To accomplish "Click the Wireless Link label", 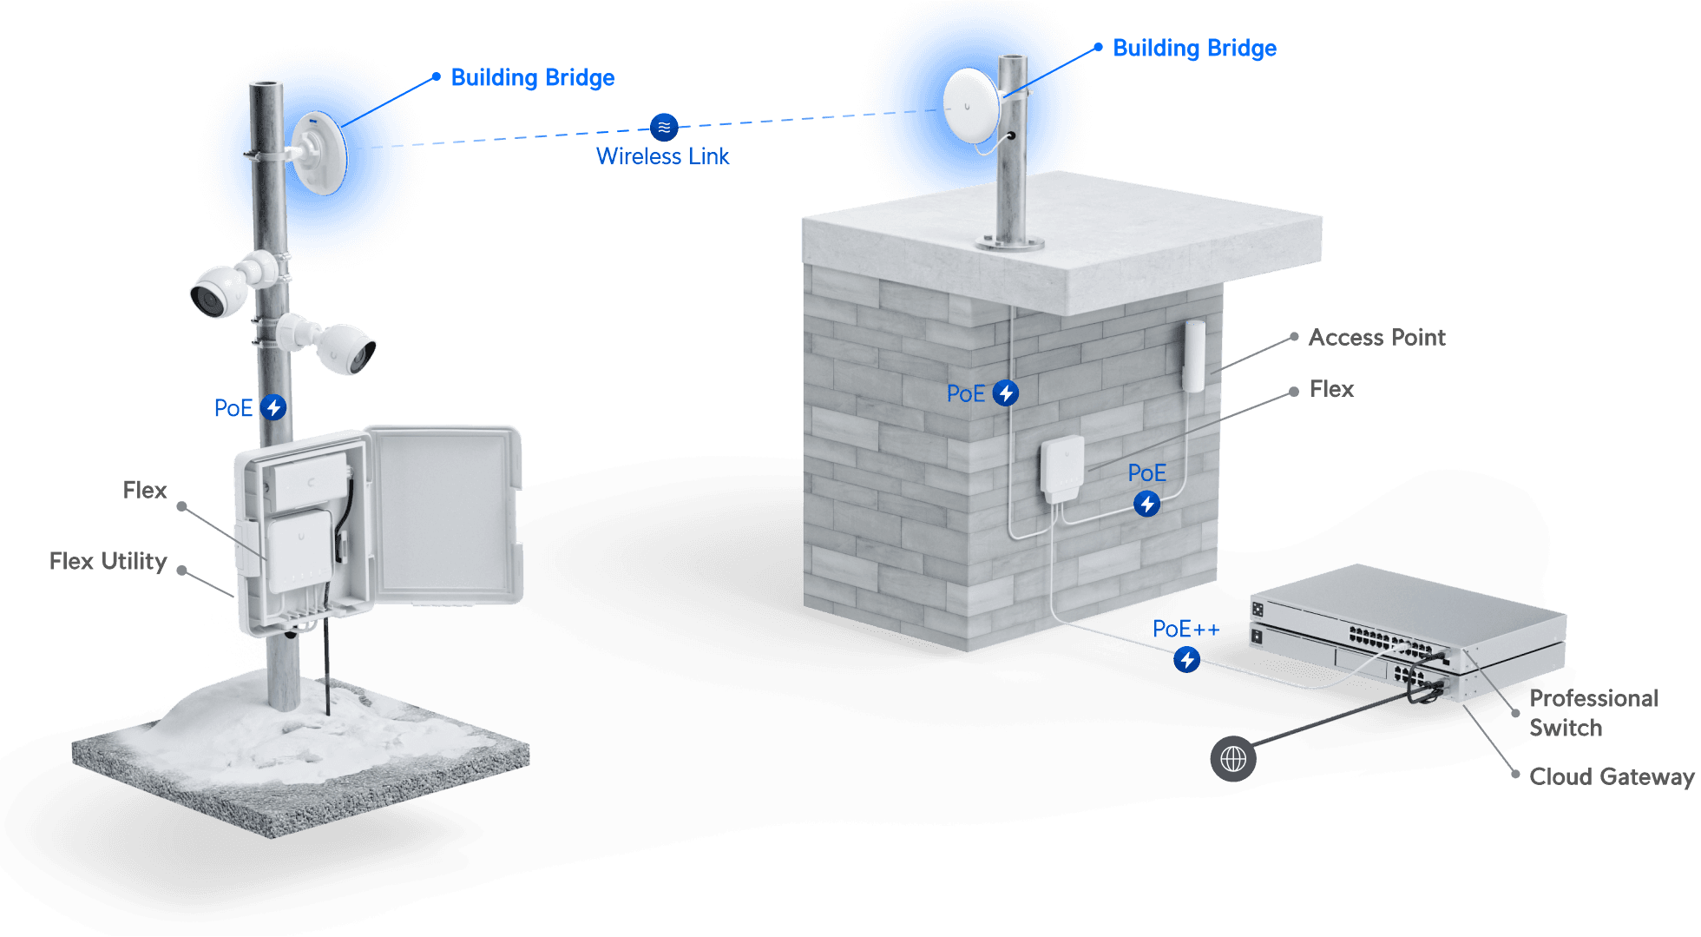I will coord(662,156).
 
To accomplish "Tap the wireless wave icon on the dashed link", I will coord(664,128).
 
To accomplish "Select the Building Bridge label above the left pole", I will coord(533,78).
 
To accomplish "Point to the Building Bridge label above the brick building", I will coord(1194,49).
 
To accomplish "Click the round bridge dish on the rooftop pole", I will coord(971,105).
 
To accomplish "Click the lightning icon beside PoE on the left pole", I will coord(274,407).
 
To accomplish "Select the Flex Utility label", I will coord(108,562).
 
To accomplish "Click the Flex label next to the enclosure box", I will coord(144,491).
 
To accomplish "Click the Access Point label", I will coord(1376,338).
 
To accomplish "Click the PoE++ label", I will coord(1185,630).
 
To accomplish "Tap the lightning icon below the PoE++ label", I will coord(1187,660).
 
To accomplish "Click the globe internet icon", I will coord(1233,759).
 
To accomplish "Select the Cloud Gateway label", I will coord(1611,777).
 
